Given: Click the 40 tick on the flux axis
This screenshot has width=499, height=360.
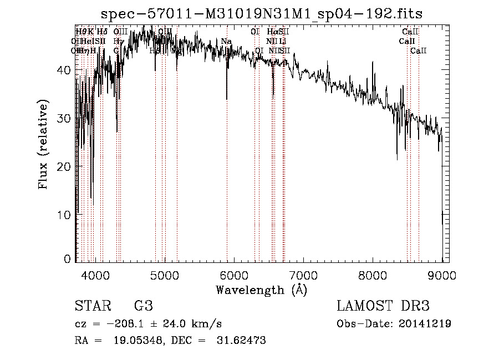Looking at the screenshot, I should coord(64,70).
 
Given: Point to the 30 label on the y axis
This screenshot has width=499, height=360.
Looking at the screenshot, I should coord(64,118).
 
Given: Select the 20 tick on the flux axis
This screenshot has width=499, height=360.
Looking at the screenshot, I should coord(64,166).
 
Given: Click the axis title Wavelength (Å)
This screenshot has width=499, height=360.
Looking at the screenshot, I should coord(261,290).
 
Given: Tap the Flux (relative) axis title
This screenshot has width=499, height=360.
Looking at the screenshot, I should coord(43,144).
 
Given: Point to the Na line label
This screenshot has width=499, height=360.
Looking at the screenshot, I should coord(226,42).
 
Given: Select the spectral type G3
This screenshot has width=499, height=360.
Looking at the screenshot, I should coord(143,306).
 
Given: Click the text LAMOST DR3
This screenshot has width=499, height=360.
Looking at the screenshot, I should coord(383,306).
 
